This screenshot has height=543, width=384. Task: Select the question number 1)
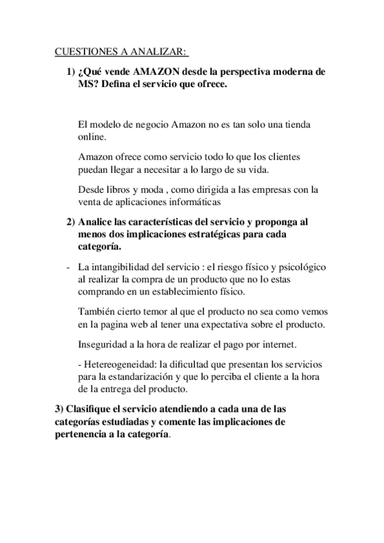[x=72, y=72]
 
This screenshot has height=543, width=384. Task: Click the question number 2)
[x=72, y=222]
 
